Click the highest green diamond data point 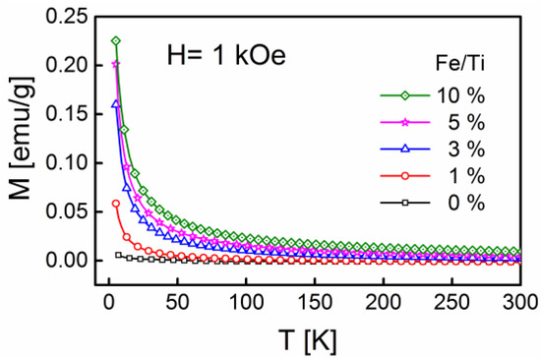(x=116, y=41)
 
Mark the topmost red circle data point (x=116, y=204)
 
